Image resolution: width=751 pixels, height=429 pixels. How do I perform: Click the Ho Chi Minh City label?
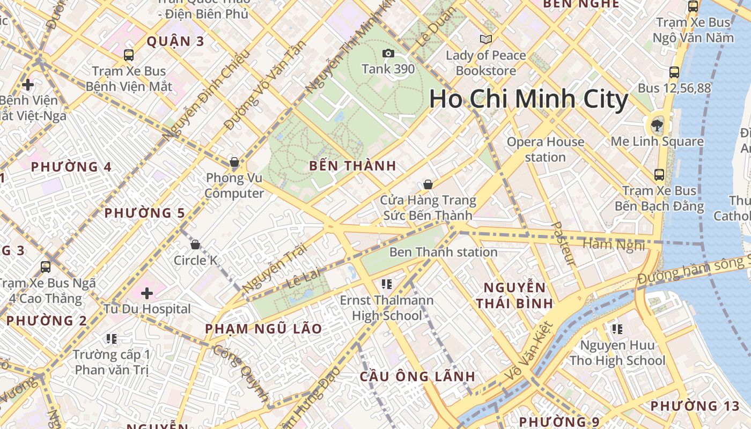click(x=528, y=99)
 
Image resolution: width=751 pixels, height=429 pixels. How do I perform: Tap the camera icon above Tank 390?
click(x=388, y=53)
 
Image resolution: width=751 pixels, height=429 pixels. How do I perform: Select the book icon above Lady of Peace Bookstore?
click(x=486, y=39)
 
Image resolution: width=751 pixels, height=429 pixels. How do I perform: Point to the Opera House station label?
click(x=545, y=150)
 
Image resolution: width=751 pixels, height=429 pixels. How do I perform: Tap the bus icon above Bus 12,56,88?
click(x=674, y=72)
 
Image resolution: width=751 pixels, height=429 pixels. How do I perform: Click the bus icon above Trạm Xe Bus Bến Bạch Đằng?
click(x=659, y=174)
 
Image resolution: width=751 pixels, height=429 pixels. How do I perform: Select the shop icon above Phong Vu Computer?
click(x=234, y=162)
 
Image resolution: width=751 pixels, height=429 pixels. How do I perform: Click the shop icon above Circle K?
click(x=195, y=245)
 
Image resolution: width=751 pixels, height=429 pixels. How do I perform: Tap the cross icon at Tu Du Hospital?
click(x=147, y=293)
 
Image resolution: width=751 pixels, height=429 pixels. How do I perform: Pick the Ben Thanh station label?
click(x=443, y=252)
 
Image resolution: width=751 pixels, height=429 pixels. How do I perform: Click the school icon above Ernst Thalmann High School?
click(x=386, y=284)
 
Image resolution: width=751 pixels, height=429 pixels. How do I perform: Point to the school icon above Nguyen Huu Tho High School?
click(x=617, y=329)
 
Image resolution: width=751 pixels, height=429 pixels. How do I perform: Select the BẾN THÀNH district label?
click(x=352, y=166)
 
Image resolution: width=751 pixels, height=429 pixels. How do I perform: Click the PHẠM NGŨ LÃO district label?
click(x=263, y=329)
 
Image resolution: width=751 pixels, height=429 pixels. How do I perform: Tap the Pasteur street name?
click(x=564, y=244)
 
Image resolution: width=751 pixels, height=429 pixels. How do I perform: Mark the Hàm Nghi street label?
click(x=614, y=245)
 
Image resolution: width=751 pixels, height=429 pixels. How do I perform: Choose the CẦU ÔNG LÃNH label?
click(x=417, y=376)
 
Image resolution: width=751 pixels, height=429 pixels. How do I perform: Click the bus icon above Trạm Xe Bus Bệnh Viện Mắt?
click(x=129, y=55)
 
